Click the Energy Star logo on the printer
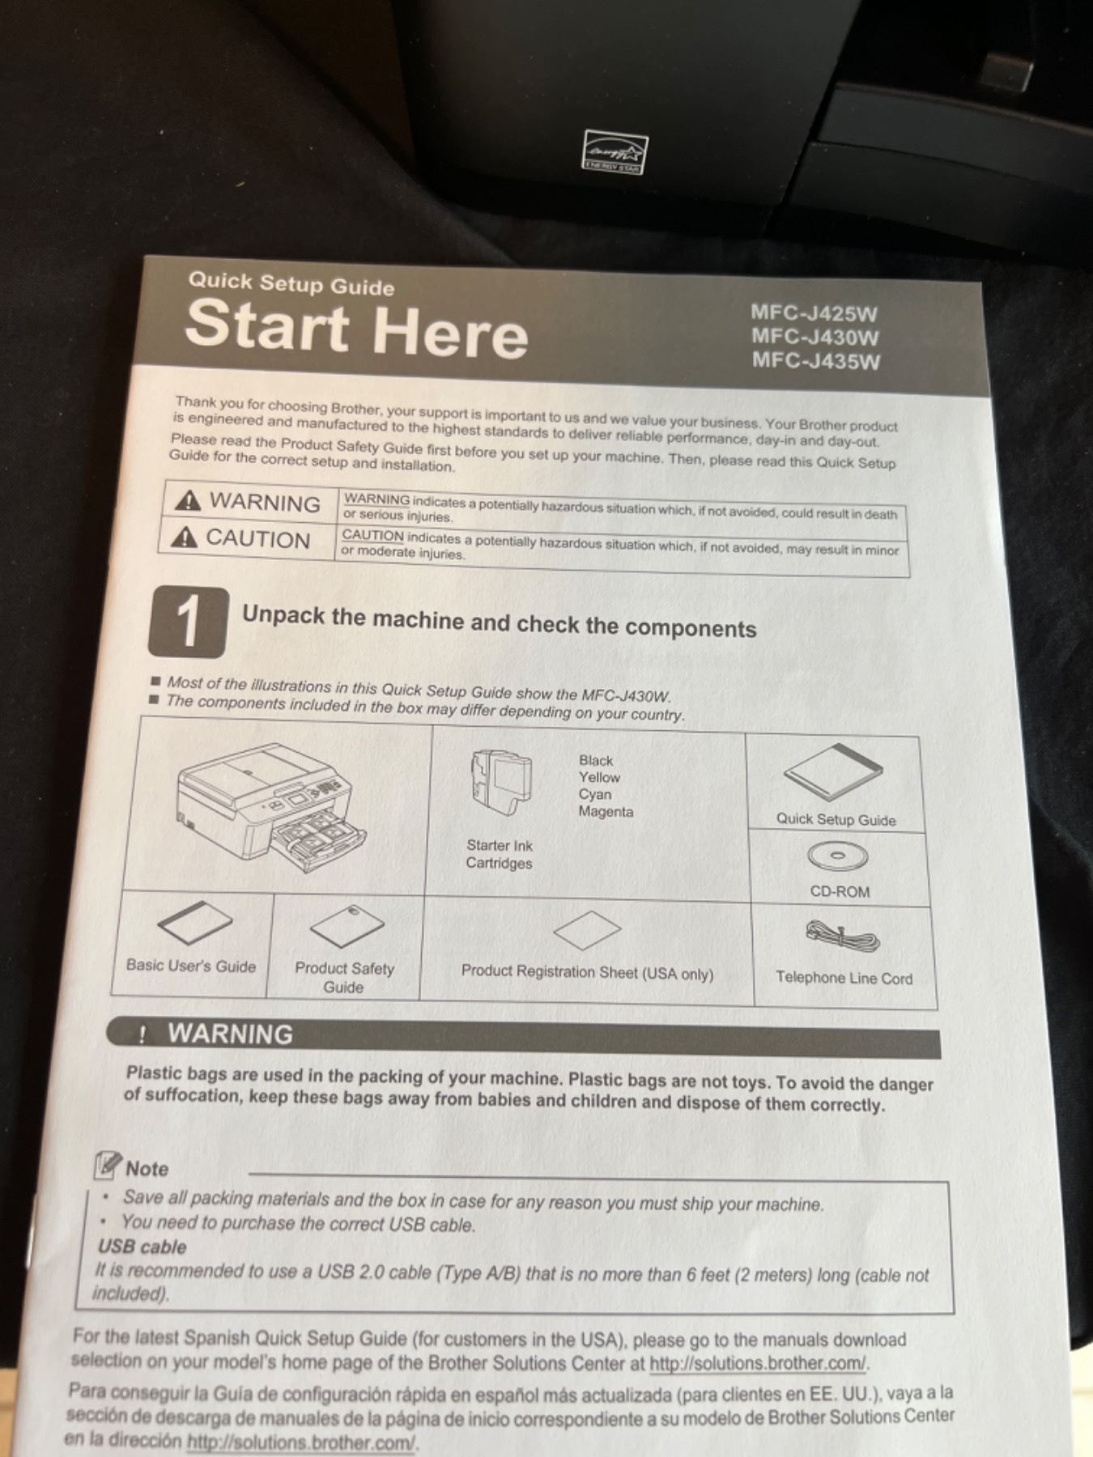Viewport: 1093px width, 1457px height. click(x=616, y=152)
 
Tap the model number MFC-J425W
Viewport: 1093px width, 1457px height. click(x=814, y=313)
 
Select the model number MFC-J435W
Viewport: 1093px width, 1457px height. click(x=815, y=360)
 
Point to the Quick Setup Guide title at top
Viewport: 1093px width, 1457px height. click(x=291, y=284)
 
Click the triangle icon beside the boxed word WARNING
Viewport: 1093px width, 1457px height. click(x=188, y=500)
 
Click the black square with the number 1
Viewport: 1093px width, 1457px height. click(x=188, y=622)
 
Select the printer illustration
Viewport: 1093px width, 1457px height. click(x=272, y=808)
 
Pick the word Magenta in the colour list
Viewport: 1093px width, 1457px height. click(x=606, y=811)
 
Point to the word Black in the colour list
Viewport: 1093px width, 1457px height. click(x=596, y=760)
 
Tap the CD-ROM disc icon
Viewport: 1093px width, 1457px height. click(x=837, y=856)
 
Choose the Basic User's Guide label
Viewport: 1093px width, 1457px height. click(x=191, y=966)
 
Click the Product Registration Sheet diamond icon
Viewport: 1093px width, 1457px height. click(x=587, y=930)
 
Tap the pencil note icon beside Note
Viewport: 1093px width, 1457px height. click(x=108, y=1165)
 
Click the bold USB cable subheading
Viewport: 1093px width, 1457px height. click(x=142, y=1247)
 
